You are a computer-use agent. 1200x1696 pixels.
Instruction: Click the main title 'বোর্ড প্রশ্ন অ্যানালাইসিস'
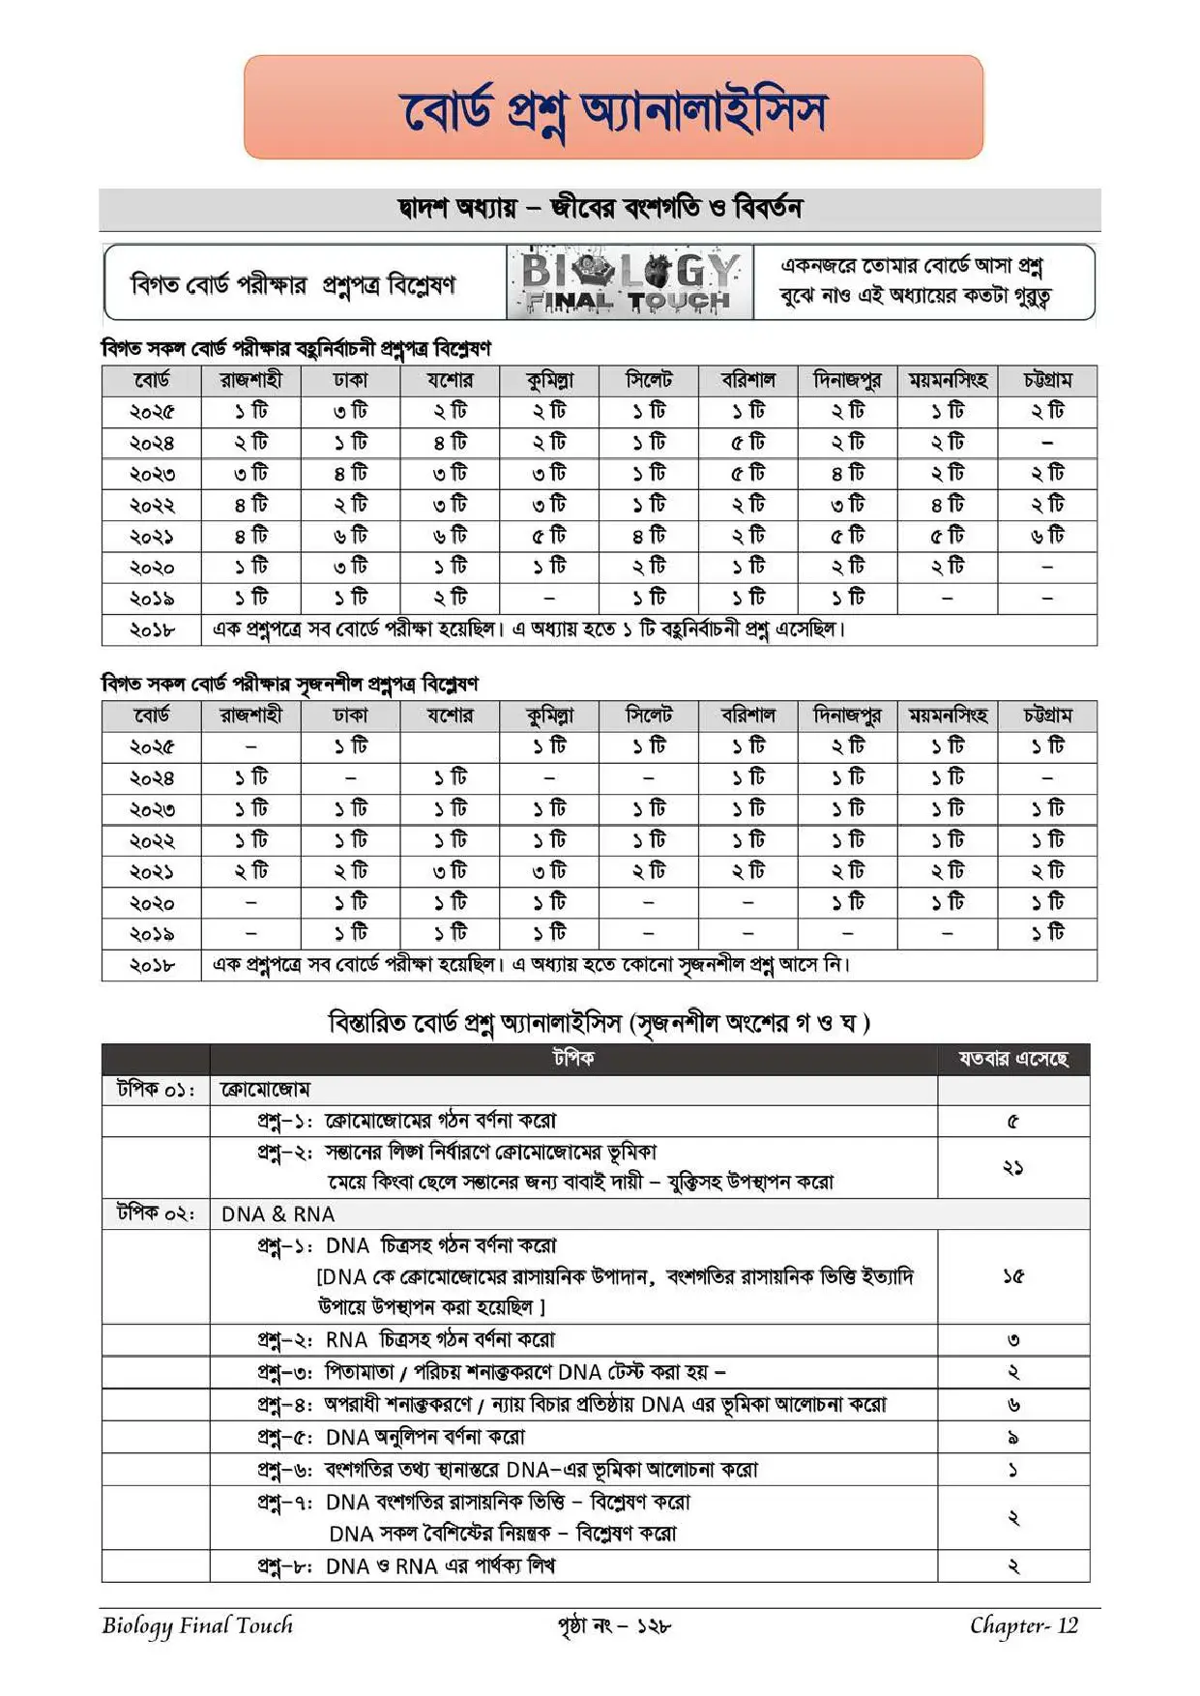pos(613,110)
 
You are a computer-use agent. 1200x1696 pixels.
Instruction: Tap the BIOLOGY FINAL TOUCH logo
pos(629,282)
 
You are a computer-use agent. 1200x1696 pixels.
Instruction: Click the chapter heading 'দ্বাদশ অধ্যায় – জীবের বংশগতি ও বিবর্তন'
pos(600,208)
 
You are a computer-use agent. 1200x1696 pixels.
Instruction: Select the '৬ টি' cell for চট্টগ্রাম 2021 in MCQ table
pos(1047,536)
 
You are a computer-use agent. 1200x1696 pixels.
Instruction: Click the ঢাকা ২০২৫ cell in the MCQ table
pos(350,411)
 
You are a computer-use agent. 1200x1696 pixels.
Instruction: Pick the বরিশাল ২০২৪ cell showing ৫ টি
pos(747,443)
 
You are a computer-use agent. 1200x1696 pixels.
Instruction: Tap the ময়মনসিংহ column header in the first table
pos(947,380)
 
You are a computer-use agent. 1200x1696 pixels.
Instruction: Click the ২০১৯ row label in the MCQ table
pos(152,599)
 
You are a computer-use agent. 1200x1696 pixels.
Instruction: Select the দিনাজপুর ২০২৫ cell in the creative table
pos(848,746)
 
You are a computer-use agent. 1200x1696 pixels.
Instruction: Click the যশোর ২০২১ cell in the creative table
pos(450,871)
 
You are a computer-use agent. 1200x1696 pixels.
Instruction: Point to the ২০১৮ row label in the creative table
pos(152,965)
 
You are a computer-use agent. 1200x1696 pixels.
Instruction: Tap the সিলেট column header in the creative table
pos(648,716)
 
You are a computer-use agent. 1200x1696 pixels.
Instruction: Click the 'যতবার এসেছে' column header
pos(1012,1059)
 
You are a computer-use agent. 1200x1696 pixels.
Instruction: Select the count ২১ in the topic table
pos(1012,1167)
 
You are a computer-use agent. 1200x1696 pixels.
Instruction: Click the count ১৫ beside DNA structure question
pos(1012,1276)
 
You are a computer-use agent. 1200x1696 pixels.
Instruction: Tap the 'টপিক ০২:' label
pos(156,1214)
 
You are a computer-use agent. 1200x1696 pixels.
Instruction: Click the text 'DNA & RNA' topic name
pos(278,1214)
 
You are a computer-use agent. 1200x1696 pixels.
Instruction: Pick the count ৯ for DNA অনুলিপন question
pos(1012,1438)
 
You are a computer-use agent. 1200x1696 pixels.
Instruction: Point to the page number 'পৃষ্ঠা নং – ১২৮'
pos(614,1626)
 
